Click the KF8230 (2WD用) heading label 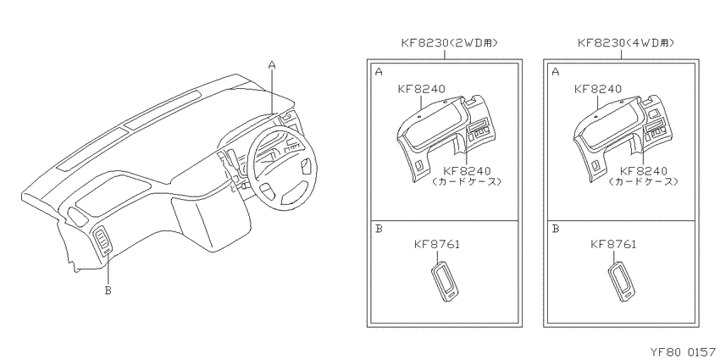(450, 43)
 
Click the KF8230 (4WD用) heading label (626, 43)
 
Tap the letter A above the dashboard (272, 66)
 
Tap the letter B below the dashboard (108, 291)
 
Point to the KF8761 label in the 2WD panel (437, 244)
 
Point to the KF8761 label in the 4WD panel (613, 244)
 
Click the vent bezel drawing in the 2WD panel (444, 281)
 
